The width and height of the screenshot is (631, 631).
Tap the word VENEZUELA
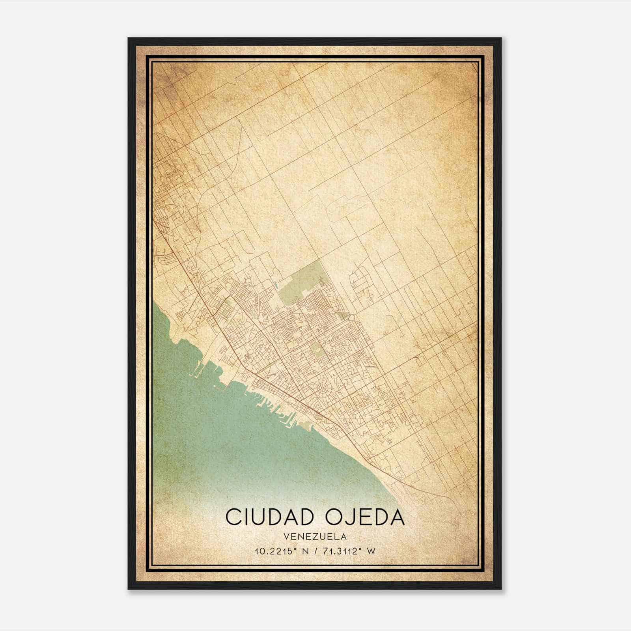(x=315, y=537)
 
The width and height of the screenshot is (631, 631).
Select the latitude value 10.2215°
(x=274, y=551)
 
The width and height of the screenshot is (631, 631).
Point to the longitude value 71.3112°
(x=340, y=551)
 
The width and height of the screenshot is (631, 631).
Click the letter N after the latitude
(x=304, y=551)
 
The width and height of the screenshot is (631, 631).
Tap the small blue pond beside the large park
(x=276, y=284)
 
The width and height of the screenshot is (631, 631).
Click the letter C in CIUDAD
(x=233, y=517)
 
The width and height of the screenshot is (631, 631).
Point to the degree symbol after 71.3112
(x=361, y=549)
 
